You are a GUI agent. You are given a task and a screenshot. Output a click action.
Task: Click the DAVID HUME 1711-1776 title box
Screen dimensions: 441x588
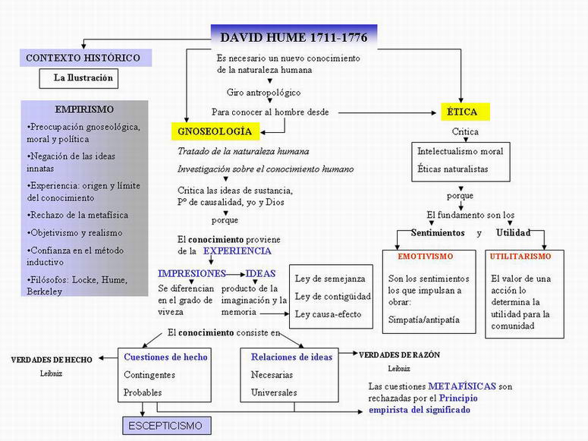point(294,36)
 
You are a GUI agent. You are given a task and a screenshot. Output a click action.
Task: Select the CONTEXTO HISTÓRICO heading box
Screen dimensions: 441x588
point(83,58)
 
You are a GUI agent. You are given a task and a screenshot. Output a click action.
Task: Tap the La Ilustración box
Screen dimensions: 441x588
point(83,77)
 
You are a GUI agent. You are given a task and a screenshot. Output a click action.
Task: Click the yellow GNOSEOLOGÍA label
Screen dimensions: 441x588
point(215,131)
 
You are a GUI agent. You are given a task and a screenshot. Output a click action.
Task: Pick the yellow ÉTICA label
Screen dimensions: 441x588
point(464,112)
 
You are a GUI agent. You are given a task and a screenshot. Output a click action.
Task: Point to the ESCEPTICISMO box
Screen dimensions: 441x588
point(164,426)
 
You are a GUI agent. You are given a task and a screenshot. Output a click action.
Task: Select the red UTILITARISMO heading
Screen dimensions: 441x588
point(520,257)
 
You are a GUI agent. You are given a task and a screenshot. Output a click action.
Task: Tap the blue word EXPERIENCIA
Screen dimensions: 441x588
point(236,250)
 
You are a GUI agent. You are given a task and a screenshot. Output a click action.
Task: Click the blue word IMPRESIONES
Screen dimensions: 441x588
point(192,273)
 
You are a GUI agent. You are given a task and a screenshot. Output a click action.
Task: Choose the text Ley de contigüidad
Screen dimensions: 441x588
point(332,296)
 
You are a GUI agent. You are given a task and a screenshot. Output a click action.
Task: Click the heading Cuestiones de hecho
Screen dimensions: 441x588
point(165,357)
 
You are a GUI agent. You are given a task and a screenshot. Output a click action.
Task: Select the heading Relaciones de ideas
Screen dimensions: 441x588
point(291,357)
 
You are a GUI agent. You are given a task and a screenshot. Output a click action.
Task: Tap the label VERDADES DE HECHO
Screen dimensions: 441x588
point(51,359)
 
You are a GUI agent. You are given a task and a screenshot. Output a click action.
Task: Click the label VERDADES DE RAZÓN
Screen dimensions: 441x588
point(399,354)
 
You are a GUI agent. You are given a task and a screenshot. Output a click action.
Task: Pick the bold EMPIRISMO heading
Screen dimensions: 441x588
point(84,109)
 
